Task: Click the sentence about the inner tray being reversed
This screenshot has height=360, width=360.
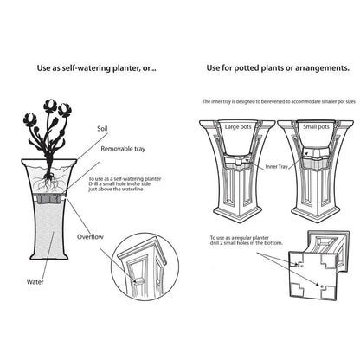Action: click(x=269, y=101)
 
